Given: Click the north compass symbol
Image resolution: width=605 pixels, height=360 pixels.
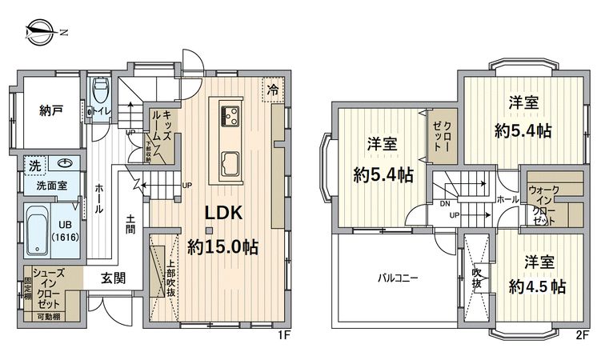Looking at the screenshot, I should point(39,32).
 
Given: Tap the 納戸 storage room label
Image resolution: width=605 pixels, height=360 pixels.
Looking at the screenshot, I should point(51,110).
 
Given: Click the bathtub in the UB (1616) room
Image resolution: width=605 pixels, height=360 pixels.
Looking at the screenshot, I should point(38,230).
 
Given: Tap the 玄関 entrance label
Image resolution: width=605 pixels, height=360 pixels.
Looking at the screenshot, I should point(113,280).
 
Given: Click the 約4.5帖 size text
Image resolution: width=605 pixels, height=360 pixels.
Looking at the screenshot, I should point(535,286).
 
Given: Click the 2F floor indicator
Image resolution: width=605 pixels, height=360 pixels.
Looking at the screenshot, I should point(580,334).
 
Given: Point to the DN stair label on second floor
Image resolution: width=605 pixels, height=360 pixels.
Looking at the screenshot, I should point(444,204).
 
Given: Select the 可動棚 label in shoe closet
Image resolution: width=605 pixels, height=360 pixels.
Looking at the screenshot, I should point(52,318).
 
